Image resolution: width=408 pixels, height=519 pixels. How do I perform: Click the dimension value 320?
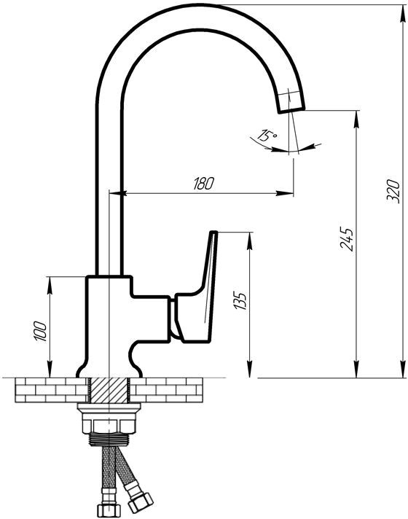coord(393,191)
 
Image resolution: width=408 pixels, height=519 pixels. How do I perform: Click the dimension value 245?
coord(347,239)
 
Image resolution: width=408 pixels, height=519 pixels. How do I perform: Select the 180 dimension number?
coord(204,184)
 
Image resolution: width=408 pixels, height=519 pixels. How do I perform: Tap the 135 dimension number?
coord(240,300)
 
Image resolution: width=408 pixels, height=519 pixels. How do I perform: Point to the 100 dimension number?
coord(40,331)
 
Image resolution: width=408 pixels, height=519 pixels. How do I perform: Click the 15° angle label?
coord(267,136)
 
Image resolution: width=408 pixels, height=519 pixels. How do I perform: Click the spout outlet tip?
coord(291,111)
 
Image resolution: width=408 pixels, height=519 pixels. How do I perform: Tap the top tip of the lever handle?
coord(214,233)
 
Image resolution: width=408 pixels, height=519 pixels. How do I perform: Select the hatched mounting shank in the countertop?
coord(109,391)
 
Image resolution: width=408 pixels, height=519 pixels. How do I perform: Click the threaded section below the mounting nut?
coord(109,439)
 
